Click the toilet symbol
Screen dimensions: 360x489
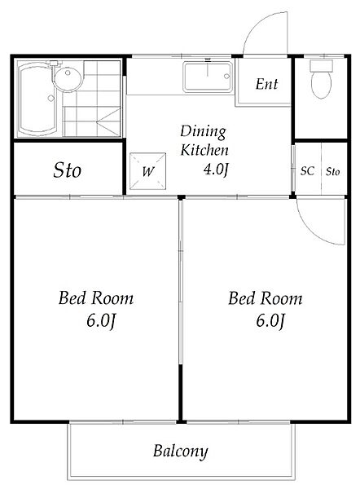pyautogui.click(x=321, y=79)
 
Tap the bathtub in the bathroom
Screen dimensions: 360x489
pyautogui.click(x=37, y=99)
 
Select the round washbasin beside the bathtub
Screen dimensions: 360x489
pyautogui.click(x=68, y=77)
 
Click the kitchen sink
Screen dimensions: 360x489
pyautogui.click(x=208, y=77)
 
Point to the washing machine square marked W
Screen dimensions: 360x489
pyautogui.click(x=147, y=171)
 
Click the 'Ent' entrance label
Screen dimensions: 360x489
pyautogui.click(x=266, y=84)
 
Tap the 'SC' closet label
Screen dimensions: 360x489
pyautogui.click(x=307, y=171)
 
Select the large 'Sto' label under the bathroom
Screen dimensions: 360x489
pyautogui.click(x=68, y=170)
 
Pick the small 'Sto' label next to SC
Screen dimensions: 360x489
pyautogui.click(x=333, y=171)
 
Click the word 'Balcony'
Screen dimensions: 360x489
pyautogui.click(x=180, y=451)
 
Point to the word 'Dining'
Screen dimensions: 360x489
pyautogui.click(x=203, y=131)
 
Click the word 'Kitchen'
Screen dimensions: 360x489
pyautogui.click(x=204, y=150)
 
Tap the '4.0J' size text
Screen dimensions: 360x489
pyautogui.click(x=216, y=170)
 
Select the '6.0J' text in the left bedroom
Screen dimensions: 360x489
pyautogui.click(x=101, y=320)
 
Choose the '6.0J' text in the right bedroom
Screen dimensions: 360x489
pyautogui.click(x=270, y=320)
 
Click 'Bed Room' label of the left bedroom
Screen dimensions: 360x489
pyautogui.click(x=96, y=297)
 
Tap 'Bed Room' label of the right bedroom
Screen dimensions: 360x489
pyautogui.click(x=266, y=297)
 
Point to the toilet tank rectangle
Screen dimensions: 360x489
pyautogui.click(x=322, y=65)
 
